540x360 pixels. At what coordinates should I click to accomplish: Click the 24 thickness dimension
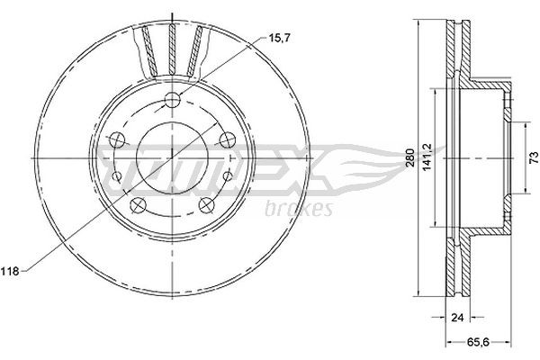457,317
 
